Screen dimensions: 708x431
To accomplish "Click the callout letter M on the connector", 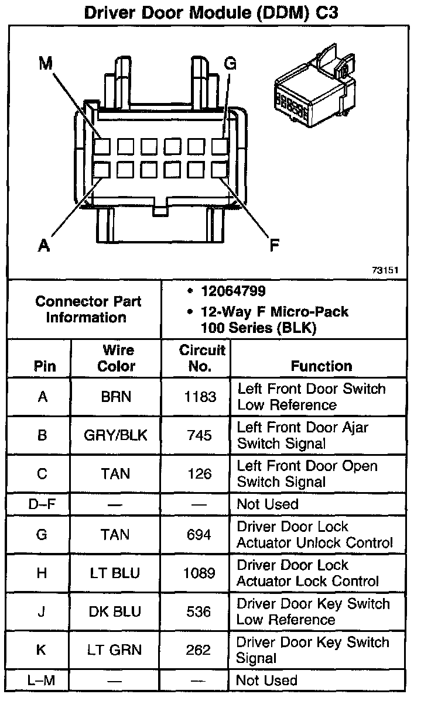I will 46,64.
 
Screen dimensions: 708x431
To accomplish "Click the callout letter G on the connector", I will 230,64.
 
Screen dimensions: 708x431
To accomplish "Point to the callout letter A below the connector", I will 44,246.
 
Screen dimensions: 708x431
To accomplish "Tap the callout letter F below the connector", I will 274,246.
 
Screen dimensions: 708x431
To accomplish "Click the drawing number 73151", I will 385,270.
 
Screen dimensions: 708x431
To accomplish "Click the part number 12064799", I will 233,291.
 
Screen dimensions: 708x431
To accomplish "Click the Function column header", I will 321,366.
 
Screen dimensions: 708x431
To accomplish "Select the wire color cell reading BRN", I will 115,397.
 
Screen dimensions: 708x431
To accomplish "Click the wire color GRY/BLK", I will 116,435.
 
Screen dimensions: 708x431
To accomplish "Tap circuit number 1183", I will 200,397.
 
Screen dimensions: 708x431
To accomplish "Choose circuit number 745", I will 199,435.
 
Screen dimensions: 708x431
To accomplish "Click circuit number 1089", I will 199,573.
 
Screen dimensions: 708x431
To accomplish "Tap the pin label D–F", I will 42,504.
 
